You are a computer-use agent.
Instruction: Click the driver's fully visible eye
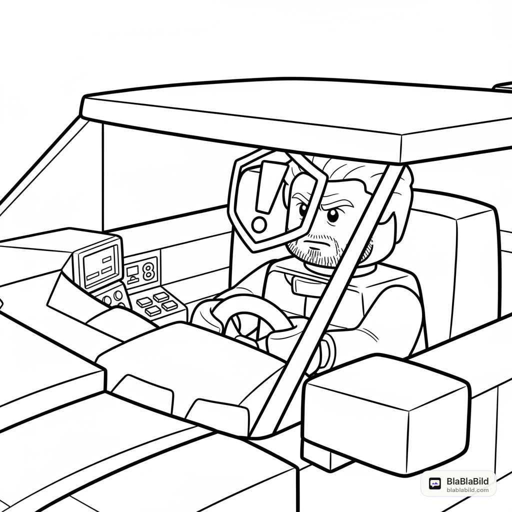(x=332, y=214)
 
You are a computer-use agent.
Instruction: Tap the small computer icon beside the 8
(x=132, y=273)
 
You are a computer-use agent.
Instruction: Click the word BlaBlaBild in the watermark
(x=467, y=481)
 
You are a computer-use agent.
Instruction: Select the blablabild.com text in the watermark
(x=467, y=490)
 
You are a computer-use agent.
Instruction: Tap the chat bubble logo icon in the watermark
(x=434, y=483)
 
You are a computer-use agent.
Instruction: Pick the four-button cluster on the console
(x=157, y=304)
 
